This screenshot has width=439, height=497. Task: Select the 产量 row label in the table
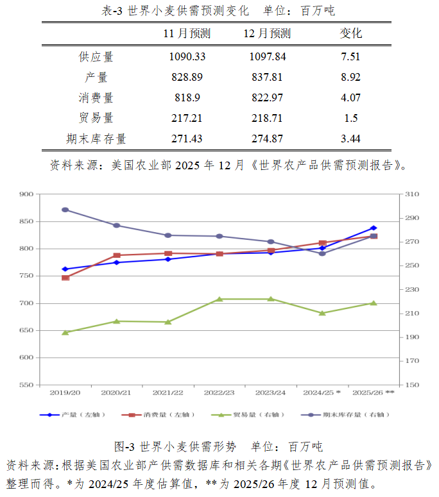pos(96,77)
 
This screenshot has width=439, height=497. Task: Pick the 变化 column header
pos(350,33)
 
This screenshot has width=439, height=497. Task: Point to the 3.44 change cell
pos(350,139)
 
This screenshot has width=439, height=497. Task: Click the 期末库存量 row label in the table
pos(96,139)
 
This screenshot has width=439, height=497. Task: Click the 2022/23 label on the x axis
pos(219,392)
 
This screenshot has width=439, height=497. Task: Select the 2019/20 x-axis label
pos(65,392)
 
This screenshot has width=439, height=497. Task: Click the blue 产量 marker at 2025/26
pos(374,228)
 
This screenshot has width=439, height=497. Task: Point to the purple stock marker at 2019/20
pos(65,210)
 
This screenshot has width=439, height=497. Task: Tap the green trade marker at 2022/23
pos(219,299)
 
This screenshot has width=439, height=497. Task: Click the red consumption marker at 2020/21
pos(117,255)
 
